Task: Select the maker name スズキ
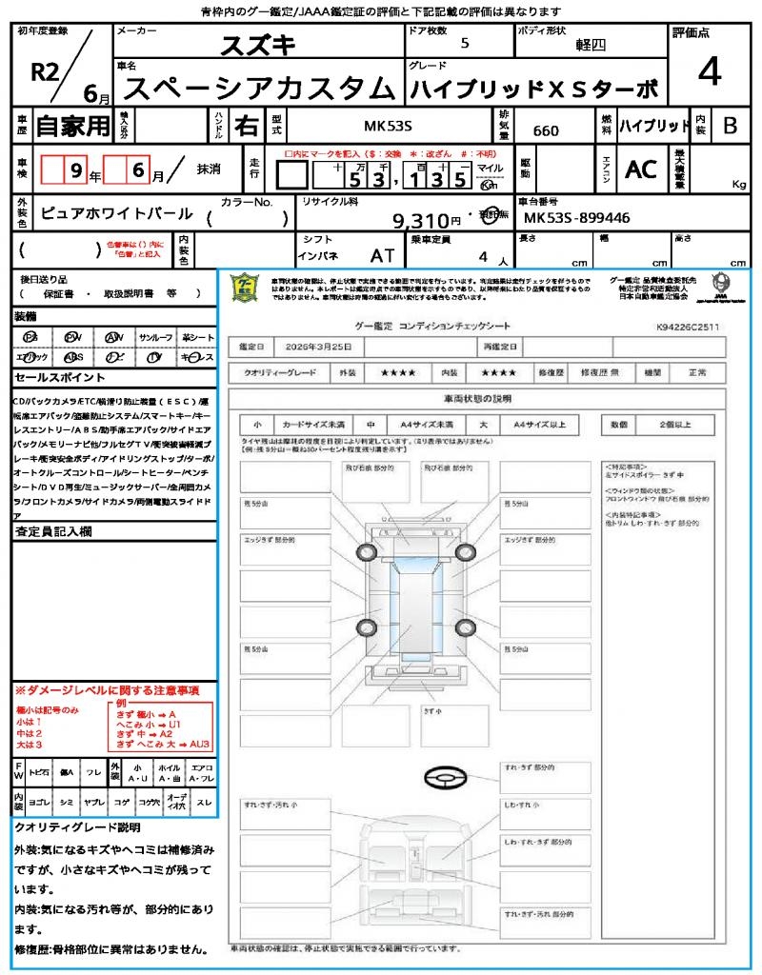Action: [258, 45]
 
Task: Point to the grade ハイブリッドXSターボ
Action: [533, 89]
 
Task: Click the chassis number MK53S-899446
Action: [577, 218]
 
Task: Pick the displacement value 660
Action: [546, 130]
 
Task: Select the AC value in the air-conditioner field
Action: [641, 169]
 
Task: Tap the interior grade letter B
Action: [730, 125]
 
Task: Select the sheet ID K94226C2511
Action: [687, 327]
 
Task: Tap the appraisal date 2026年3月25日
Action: [322, 346]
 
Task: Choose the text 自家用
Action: [73, 125]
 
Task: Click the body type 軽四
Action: [587, 45]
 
